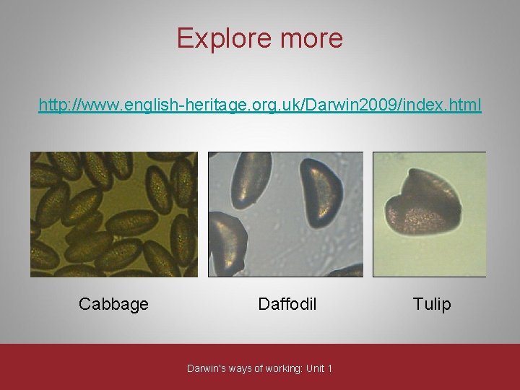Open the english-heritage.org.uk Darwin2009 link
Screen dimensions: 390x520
coord(260,105)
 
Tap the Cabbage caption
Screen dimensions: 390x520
coord(113,304)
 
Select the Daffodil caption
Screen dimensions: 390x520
coord(287,304)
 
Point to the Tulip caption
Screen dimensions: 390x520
coord(432,304)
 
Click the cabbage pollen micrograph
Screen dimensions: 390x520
coord(113,214)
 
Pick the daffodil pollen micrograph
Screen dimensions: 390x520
coord(286,214)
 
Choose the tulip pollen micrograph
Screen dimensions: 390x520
coord(429,214)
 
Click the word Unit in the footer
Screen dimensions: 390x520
coord(315,368)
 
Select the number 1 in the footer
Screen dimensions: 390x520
coord(330,368)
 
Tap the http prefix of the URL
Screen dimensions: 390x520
coord(51,105)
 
